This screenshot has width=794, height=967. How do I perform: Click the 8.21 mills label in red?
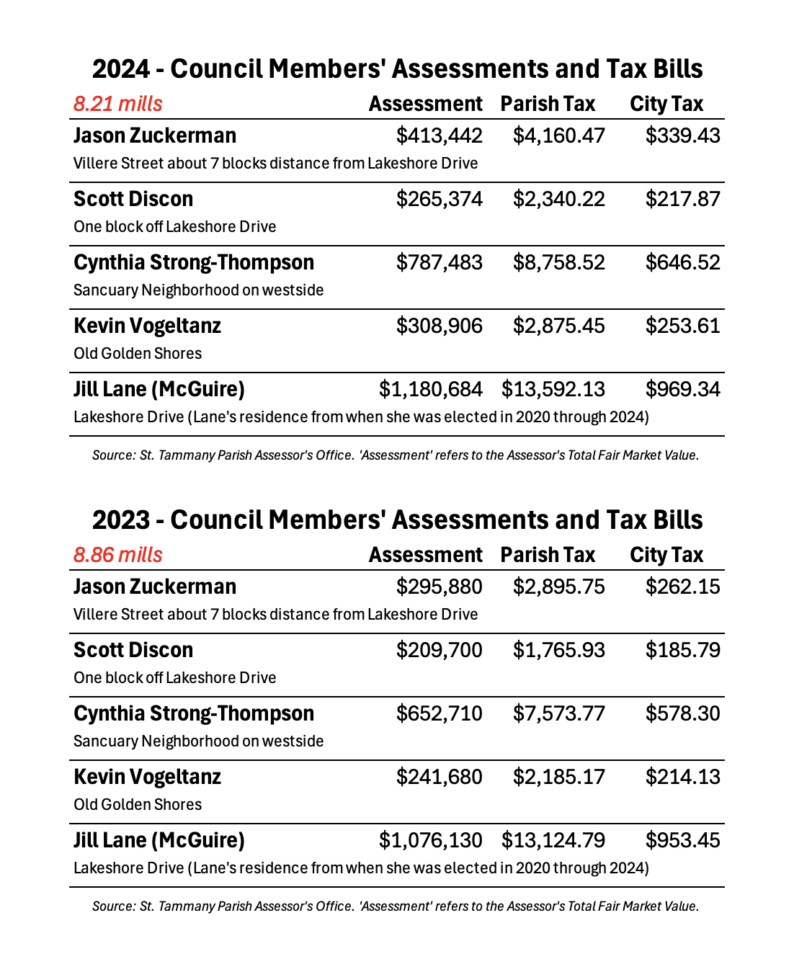click(x=118, y=104)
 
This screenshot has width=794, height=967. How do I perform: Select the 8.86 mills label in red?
click(x=118, y=555)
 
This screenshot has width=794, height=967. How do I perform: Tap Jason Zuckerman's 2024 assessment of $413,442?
click(x=439, y=135)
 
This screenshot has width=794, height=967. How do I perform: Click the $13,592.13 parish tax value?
click(x=553, y=389)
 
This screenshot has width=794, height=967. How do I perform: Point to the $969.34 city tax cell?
click(x=682, y=389)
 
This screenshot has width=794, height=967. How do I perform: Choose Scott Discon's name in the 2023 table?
click(x=133, y=650)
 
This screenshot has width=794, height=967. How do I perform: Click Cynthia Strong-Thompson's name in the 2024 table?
click(x=194, y=262)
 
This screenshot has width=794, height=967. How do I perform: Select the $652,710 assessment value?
click(x=439, y=713)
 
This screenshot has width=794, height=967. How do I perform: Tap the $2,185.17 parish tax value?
click(x=558, y=777)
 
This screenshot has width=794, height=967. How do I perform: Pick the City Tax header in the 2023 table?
click(x=666, y=555)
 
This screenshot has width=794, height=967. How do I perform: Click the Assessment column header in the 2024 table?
click(x=425, y=104)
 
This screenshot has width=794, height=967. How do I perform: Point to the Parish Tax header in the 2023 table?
click(x=548, y=555)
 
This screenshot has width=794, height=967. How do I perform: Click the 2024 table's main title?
click(x=397, y=68)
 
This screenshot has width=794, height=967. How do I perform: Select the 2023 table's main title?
click(x=397, y=520)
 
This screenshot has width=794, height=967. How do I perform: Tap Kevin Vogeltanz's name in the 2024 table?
click(x=147, y=326)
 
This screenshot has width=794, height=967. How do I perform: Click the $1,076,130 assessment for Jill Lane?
click(x=430, y=840)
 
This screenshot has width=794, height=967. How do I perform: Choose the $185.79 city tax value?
click(x=682, y=650)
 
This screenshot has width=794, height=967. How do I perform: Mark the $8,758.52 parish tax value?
click(x=558, y=262)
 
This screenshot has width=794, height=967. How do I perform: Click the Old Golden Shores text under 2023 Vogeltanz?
click(x=138, y=804)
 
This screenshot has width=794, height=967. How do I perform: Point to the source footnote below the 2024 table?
click(x=396, y=455)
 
